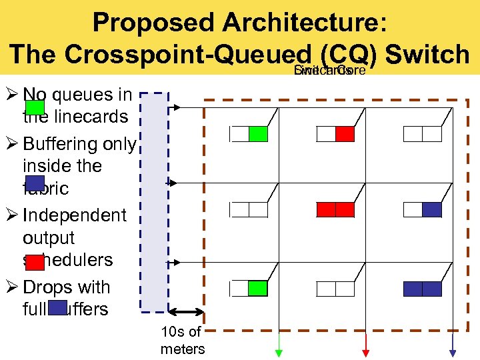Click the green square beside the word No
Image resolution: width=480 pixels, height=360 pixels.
(35, 107)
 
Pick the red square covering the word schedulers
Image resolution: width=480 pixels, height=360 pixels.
(35, 262)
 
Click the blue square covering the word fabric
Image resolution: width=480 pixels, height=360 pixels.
(35, 183)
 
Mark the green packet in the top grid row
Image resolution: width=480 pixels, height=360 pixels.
(258, 134)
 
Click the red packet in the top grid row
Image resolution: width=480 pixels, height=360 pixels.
(345, 134)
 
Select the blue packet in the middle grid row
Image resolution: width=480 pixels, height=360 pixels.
(432, 210)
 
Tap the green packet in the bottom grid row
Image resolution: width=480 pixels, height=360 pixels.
(258, 289)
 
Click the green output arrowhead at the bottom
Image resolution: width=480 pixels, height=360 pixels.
(279, 353)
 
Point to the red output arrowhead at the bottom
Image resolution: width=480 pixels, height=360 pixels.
(365, 353)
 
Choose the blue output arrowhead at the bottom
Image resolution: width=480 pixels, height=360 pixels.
(453, 353)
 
